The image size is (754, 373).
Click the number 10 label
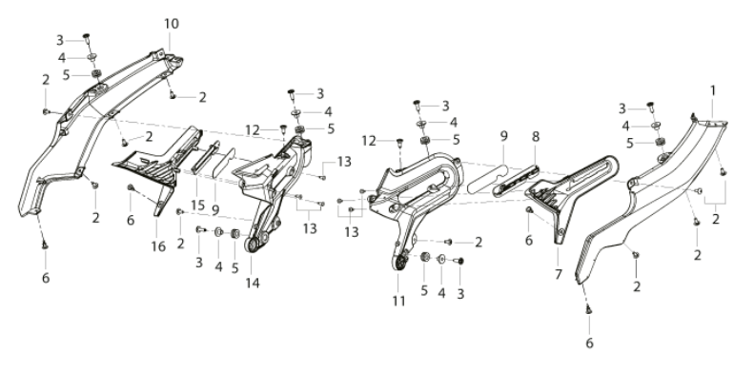(172, 24)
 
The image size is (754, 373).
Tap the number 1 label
(713, 90)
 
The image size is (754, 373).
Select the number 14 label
(253, 284)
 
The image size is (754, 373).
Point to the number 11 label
(398, 301)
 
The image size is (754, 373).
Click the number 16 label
(158, 246)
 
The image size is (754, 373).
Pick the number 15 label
(197, 206)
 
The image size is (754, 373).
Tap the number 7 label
(559, 275)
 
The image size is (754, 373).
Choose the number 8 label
(536, 137)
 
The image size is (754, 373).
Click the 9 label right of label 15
(215, 209)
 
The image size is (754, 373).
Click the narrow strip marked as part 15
(205, 157)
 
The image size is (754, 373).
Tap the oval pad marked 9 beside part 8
(488, 179)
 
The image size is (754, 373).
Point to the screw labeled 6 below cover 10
(44, 245)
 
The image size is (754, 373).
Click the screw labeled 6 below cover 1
(588, 310)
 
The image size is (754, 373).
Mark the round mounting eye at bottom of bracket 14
(252, 244)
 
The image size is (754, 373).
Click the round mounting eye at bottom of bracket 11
(398, 263)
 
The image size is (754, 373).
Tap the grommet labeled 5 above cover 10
(96, 74)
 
